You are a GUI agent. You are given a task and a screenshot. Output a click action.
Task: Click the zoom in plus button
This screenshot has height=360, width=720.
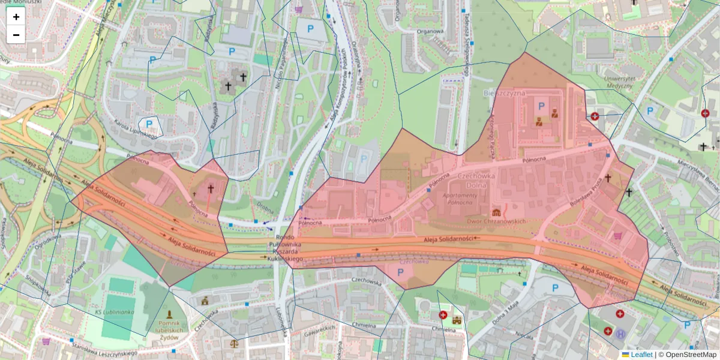pos(16,17)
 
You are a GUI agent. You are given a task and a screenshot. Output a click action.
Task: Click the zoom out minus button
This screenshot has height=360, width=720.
pos(16,35)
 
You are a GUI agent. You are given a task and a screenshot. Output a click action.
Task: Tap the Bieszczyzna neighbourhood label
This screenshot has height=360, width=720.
pos(504,93)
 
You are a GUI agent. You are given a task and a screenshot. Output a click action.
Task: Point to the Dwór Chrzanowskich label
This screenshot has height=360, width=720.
pos(496,221)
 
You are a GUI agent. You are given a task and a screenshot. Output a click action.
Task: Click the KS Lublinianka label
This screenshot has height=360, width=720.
pos(114,313)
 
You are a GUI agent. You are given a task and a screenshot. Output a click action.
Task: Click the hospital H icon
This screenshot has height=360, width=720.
pos(620,333)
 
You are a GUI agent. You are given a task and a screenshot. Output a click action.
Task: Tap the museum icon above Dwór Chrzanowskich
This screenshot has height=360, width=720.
pos(496,212)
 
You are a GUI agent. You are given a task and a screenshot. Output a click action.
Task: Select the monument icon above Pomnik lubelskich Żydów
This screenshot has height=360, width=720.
pos(170,315)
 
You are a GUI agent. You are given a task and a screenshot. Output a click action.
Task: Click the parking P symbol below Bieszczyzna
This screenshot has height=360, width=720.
pos(541,106)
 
